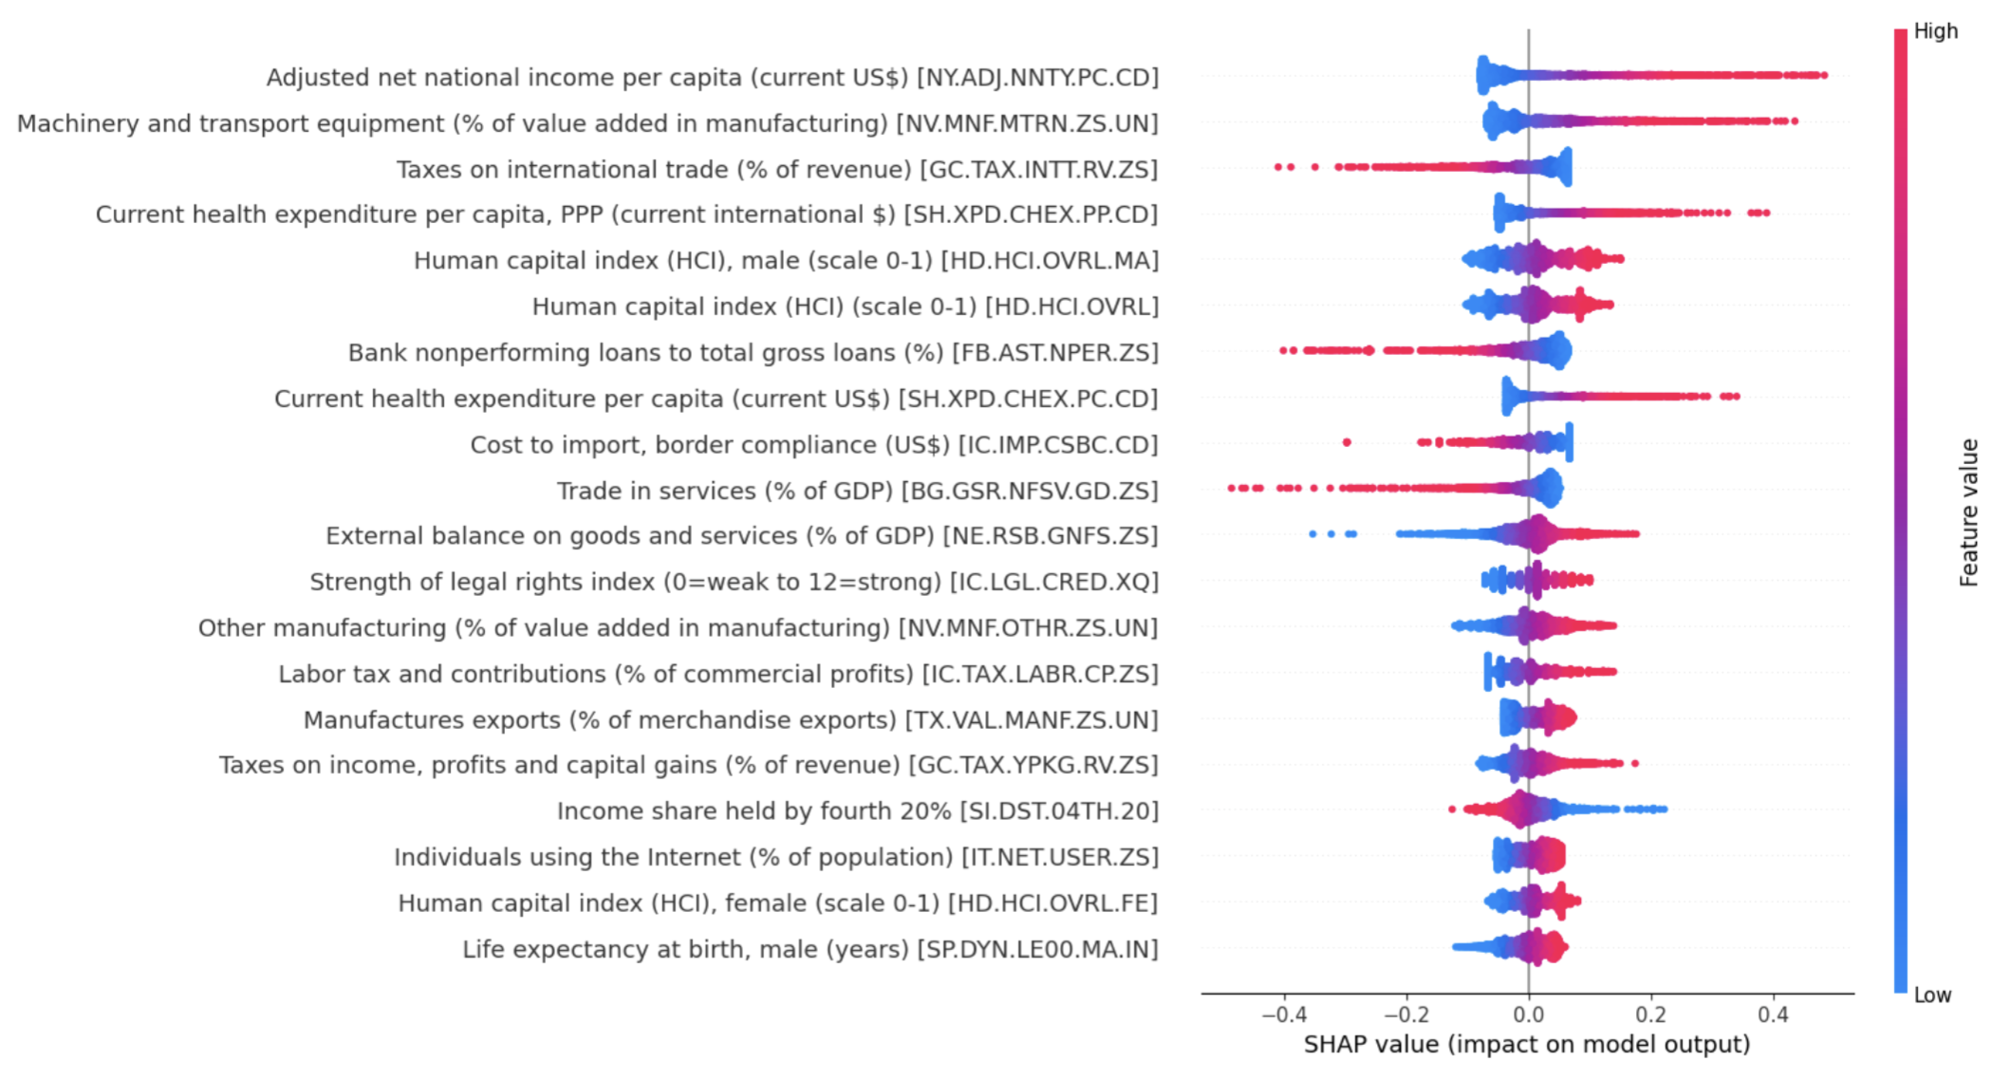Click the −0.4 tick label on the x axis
tap(1283, 1015)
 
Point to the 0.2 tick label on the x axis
tap(1651, 1015)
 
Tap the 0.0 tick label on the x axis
tap(1528, 1015)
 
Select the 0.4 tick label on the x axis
tap(1773, 1015)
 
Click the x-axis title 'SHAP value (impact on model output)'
tap(1526, 1045)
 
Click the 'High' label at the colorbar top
tap(1935, 31)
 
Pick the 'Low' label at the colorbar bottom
tap(1932, 996)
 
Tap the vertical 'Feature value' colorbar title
tap(1969, 512)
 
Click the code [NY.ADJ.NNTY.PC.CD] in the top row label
tap(1037, 78)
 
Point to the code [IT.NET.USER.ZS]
tap(1060, 857)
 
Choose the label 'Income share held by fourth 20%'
tap(754, 811)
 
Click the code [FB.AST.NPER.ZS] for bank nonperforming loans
tap(1055, 353)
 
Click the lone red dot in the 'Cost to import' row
tap(1347, 442)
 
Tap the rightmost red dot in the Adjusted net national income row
tap(1823, 75)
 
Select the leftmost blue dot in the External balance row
tap(1312, 534)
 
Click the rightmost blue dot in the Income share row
tap(1663, 810)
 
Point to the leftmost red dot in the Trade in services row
tap(1232, 488)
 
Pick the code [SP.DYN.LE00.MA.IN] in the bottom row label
tap(1037, 950)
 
